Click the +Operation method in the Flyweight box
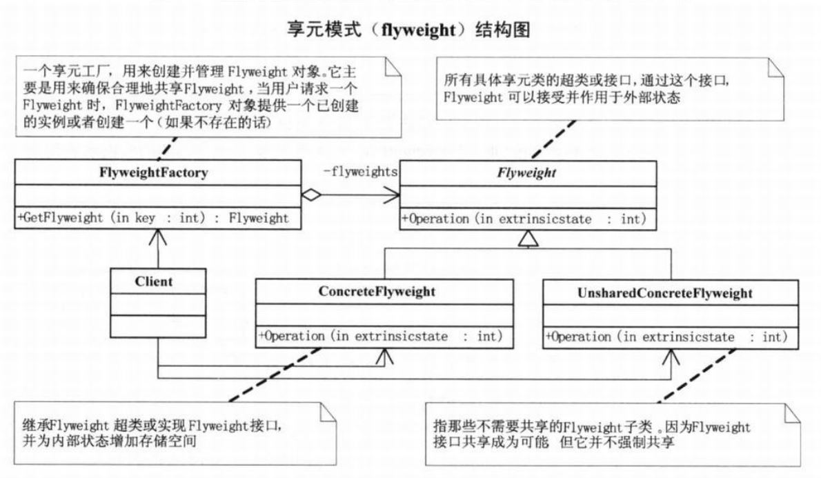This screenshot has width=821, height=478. click(x=522, y=220)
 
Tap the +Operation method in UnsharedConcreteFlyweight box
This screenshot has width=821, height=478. click(x=666, y=337)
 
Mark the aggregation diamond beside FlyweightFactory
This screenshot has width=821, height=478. click(x=313, y=195)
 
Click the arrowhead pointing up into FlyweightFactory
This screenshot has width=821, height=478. click(x=158, y=238)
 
